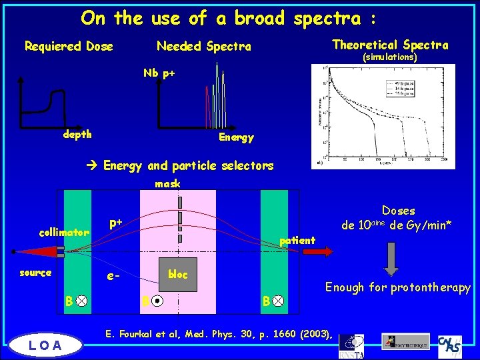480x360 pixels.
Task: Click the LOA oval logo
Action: pyautogui.click(x=45, y=344)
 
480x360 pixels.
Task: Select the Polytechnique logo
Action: pyautogui.click(x=405, y=341)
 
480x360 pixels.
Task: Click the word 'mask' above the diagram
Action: pyautogui.click(x=167, y=183)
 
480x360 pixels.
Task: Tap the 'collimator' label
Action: pyautogui.click(x=64, y=233)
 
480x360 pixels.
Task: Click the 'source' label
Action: pyautogui.click(x=35, y=272)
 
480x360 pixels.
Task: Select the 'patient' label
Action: pyautogui.click(x=297, y=240)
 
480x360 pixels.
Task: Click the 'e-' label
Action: pyautogui.click(x=114, y=275)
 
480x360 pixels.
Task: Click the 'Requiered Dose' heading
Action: pyautogui.click(x=69, y=46)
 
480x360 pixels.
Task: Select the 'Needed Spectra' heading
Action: pyautogui.click(x=203, y=46)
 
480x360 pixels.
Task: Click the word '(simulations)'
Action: pyautogui.click(x=389, y=57)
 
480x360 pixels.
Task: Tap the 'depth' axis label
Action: pyautogui.click(x=77, y=134)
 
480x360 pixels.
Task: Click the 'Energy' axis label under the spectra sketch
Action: pyautogui.click(x=236, y=137)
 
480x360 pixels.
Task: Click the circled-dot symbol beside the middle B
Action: pyautogui.click(x=156, y=301)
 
